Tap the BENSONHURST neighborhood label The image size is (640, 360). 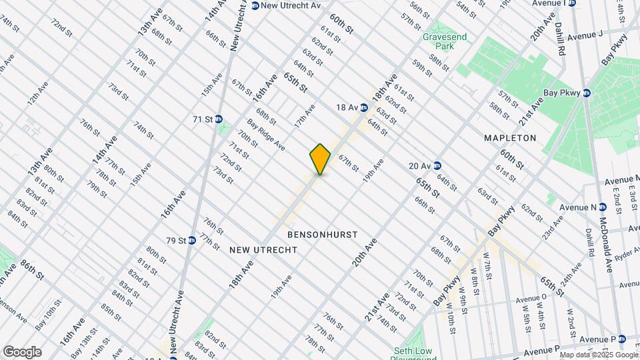coord(323,235)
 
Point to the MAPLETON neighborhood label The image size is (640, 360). coord(511,138)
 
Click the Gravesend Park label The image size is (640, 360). coord(437,42)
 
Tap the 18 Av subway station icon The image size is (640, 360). coord(364,107)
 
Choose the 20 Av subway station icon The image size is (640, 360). coord(437,165)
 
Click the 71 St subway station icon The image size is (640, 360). coord(219,119)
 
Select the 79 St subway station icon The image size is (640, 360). coord(191,240)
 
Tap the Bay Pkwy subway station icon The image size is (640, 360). coord(587,93)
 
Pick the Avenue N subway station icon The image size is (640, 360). coord(602,207)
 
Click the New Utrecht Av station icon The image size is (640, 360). coord(255,5)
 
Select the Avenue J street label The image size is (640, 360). coord(585,34)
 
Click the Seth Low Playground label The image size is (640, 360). coord(413,354)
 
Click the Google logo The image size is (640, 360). coord(22,352)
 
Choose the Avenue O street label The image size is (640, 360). coord(531,299)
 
